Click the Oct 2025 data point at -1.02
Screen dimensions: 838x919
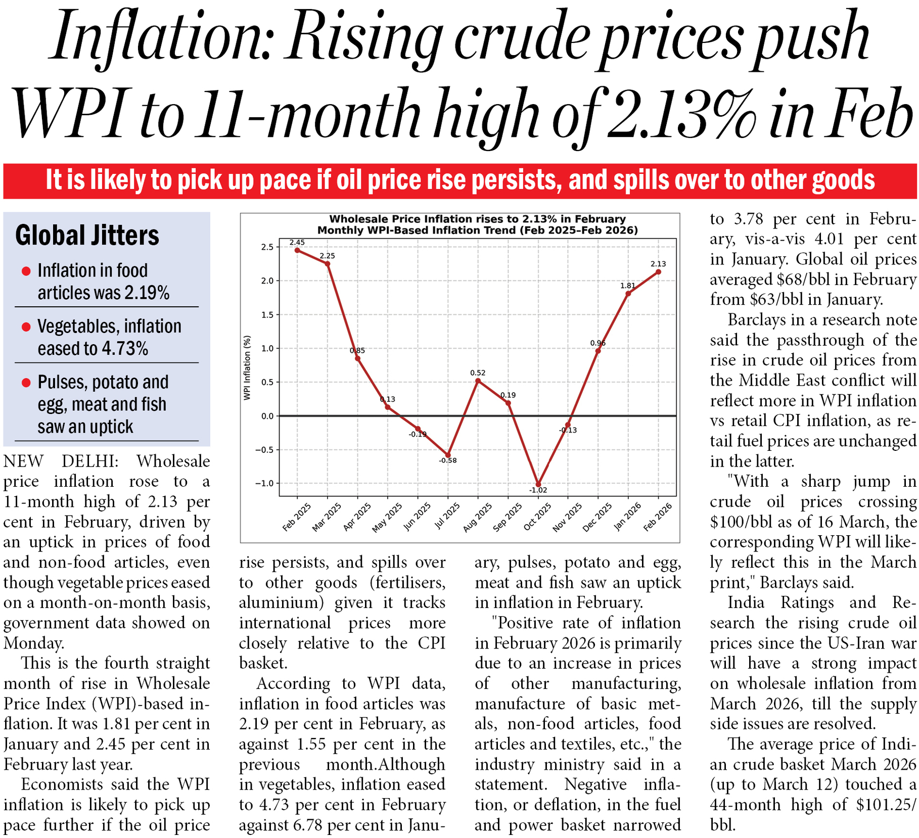(538, 484)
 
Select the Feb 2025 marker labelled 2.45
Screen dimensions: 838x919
(297, 250)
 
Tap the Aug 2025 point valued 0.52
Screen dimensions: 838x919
(478, 381)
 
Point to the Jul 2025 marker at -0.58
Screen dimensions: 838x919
(448, 455)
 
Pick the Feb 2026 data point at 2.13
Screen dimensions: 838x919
(658, 272)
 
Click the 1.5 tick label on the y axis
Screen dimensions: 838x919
(267, 315)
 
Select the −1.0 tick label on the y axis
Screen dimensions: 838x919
(264, 484)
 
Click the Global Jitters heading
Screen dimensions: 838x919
(87, 236)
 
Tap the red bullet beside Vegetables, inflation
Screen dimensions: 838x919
(26, 327)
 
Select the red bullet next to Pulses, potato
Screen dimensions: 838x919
(26, 383)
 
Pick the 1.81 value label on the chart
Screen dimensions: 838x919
(628, 286)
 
